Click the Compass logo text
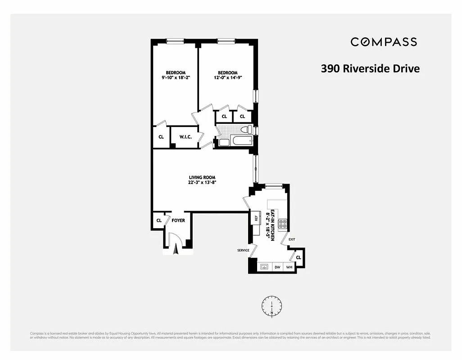[x=384, y=42]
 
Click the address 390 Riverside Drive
[x=370, y=69]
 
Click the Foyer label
[x=178, y=220]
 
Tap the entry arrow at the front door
[x=176, y=249]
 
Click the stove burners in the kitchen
[x=283, y=224]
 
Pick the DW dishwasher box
[x=277, y=267]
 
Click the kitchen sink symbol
[x=264, y=267]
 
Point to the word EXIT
[x=292, y=239]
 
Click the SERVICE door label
[x=244, y=250]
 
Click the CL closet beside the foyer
[x=159, y=220]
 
